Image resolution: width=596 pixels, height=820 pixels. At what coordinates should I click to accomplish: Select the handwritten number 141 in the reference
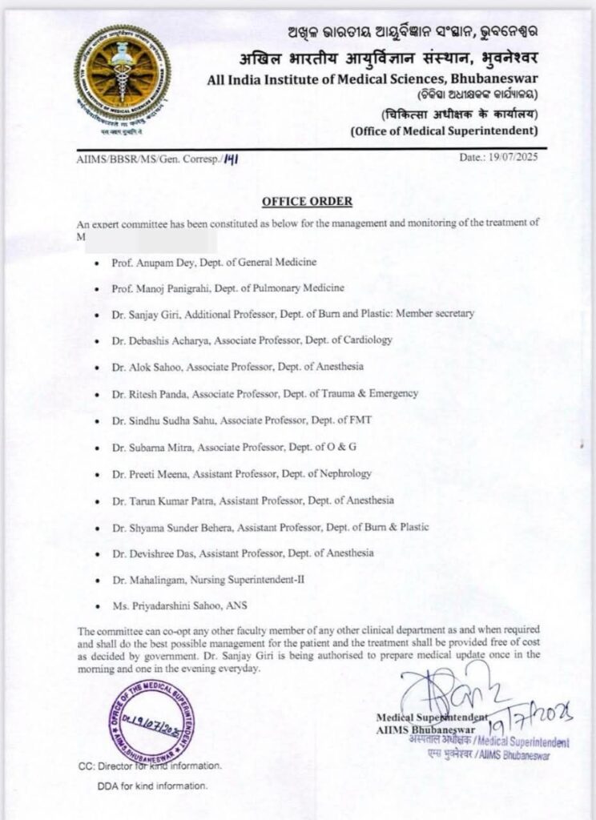coord(232,158)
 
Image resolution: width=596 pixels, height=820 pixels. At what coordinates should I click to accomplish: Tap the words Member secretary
coord(441,314)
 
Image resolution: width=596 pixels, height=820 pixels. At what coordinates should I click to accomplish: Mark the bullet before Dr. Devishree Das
coord(96,553)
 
